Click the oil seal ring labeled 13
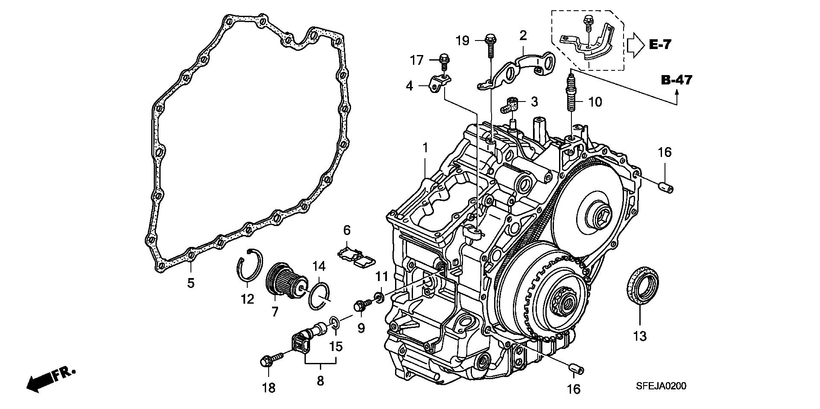pyautogui.click(x=642, y=285)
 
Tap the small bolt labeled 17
pyautogui.click(x=444, y=63)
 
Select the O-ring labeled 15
pyautogui.click(x=335, y=323)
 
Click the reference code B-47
pyautogui.click(x=677, y=80)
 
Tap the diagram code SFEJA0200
pyautogui.click(x=660, y=386)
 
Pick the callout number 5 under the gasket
pyautogui.click(x=191, y=283)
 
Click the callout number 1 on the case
pyautogui.click(x=425, y=148)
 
